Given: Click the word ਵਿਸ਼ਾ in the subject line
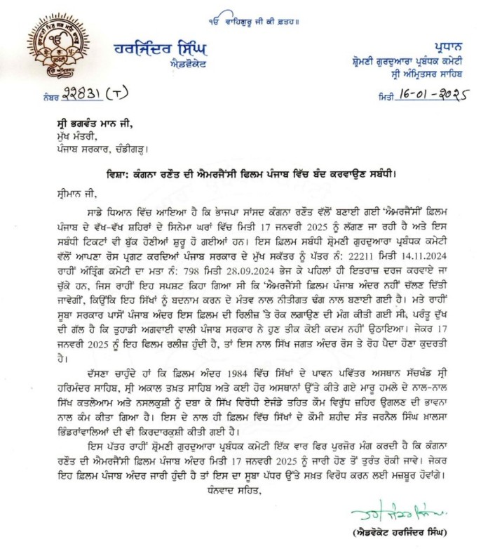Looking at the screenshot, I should point(121,173).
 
